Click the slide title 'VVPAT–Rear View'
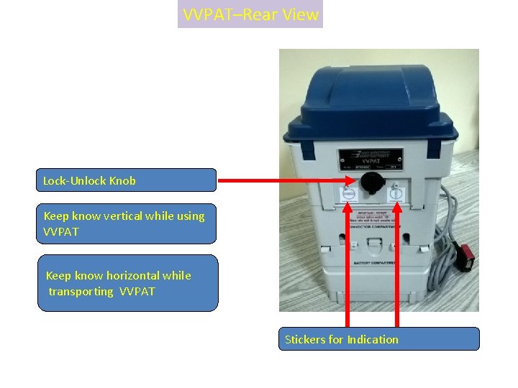(250, 14)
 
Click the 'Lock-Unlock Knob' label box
(127, 180)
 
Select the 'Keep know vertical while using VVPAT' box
(127, 223)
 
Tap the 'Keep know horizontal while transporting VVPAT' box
(127, 283)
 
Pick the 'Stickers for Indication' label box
(378, 339)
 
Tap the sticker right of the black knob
(395, 193)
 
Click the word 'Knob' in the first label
(122, 180)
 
